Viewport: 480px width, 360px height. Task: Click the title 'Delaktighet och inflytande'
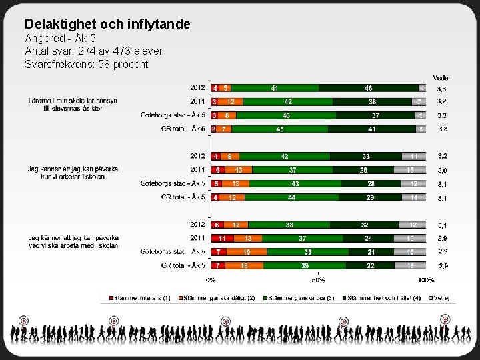coord(107,25)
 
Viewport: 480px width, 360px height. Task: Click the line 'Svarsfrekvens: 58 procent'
coord(86,64)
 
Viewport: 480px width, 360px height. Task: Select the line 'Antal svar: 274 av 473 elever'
coord(93,51)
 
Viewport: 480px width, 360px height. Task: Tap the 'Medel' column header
coord(441,78)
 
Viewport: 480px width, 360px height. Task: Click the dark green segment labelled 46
coord(368,87)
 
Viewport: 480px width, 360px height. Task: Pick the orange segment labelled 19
coord(247,252)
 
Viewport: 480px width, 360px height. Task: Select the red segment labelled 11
coord(222,238)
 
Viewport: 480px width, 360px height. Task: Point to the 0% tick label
coord(211,281)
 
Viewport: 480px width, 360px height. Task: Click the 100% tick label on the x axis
coord(426,281)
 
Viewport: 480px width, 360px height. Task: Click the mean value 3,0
coord(442,170)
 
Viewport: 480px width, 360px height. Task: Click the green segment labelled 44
coord(291,197)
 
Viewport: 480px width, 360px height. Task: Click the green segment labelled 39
coord(305,265)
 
